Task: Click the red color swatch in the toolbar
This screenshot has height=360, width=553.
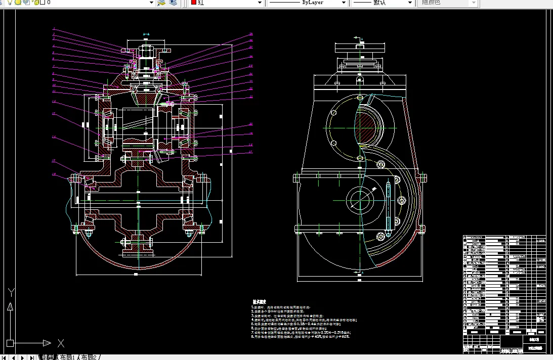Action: point(193,3)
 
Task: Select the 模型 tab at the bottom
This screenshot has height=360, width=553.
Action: point(48,357)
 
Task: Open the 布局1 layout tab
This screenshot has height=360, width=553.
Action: point(67,357)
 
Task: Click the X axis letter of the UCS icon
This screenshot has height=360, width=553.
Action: point(61,343)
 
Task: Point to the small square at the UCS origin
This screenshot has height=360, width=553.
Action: point(10,343)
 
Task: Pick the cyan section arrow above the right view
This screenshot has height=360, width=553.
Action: point(359,38)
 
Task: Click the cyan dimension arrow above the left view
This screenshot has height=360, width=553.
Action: point(146,34)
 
